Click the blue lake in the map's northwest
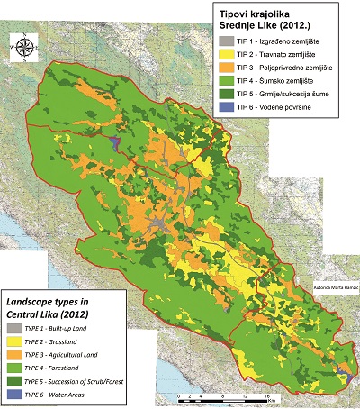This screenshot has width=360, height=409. point(113,141)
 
